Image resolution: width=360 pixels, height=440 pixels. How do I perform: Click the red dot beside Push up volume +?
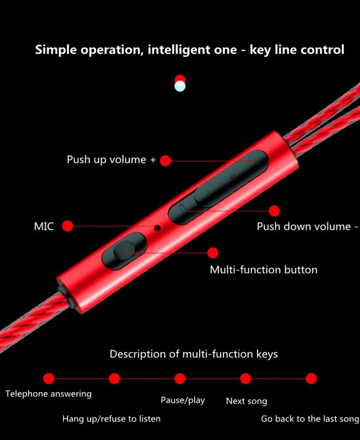coord(165,161)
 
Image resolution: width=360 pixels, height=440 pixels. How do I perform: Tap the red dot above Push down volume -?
coord(274,211)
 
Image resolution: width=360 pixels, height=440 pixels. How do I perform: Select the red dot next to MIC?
coord(67,226)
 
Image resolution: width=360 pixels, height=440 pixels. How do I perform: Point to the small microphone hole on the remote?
coord(157,228)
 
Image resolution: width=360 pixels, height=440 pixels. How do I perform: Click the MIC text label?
coord(44,227)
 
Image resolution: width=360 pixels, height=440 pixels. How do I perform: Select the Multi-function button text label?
coord(263,270)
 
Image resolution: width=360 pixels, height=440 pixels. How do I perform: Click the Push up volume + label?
coord(111,160)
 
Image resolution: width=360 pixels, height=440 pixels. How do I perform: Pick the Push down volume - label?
coord(307,227)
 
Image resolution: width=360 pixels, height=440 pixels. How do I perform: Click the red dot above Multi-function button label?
coord(213,253)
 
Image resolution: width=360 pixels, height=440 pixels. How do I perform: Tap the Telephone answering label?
coord(48,394)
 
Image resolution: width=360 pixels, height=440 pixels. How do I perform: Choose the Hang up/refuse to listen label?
coord(111,419)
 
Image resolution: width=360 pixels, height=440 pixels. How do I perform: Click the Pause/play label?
coord(183,401)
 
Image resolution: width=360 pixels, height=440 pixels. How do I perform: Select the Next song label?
coord(246,401)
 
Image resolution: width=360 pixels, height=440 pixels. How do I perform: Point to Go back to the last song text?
coord(310,419)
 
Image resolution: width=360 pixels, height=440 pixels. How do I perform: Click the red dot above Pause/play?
coord(180,378)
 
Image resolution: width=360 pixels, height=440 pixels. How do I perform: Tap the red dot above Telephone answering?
coord(49,378)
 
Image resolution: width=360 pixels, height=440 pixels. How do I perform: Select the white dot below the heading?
coord(180,87)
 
